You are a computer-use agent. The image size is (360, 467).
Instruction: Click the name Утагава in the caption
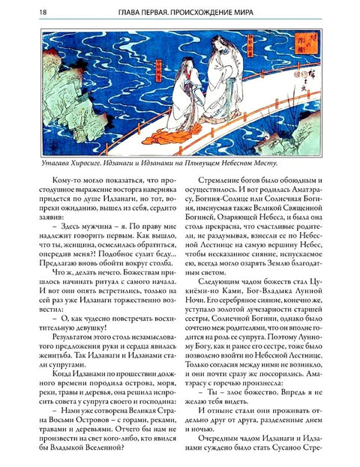pyautogui.click(x=50, y=162)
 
